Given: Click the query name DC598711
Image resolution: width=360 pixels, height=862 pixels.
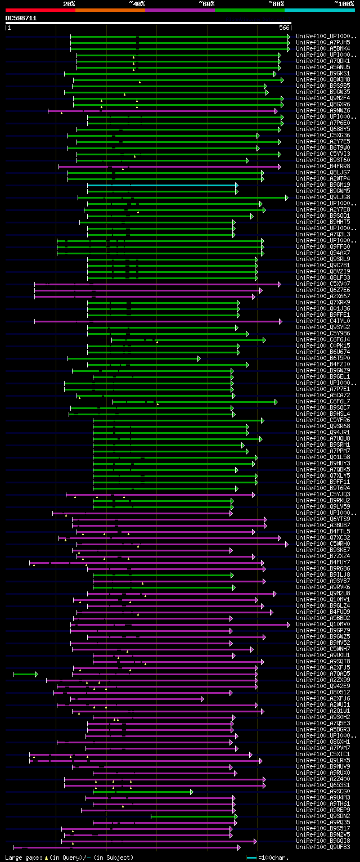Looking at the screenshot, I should click(21, 18).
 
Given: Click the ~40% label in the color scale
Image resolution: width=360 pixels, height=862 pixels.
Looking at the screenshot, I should click(137, 3).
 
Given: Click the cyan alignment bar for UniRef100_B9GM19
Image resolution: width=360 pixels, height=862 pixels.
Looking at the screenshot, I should click(162, 185).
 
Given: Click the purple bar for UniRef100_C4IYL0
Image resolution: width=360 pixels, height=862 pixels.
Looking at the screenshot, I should click(157, 321).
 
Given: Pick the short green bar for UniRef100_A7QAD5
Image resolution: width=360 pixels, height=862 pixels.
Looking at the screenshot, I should click(25, 674).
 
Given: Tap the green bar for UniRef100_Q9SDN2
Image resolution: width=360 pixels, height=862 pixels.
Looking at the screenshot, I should click(193, 816).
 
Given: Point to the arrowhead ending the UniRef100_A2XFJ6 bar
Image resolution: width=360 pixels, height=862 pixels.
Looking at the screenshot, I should click(202, 698).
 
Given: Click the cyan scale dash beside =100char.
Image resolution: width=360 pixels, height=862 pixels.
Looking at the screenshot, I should click(251, 857).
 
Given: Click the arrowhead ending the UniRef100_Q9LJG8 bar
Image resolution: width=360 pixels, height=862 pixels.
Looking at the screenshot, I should click(286, 197).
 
